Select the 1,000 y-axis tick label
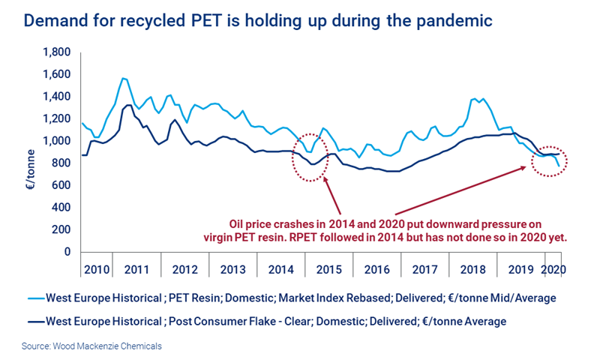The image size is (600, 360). pos(55,142)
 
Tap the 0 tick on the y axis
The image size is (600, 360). pos(66,252)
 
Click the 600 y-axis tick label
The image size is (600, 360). pos(60,186)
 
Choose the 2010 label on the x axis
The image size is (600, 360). pos(97,268)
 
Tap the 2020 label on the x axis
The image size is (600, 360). pos(552,268)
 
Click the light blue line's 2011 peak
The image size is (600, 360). pos(124,78)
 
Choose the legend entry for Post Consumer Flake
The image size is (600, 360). pos(275,321)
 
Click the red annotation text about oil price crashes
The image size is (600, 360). pos(395,230)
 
